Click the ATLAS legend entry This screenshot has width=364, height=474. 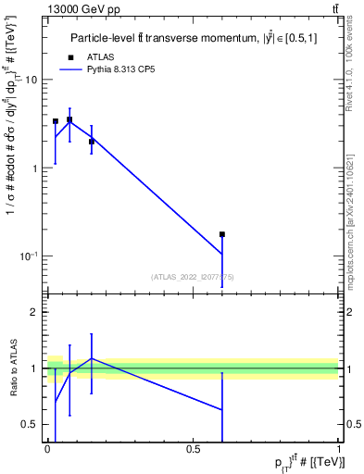click(x=100, y=56)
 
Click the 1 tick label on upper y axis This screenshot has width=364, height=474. click(x=35, y=168)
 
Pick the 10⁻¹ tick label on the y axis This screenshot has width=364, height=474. click(x=29, y=256)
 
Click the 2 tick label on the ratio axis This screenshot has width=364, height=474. click(x=35, y=312)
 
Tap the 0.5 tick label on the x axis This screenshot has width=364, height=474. click(x=193, y=449)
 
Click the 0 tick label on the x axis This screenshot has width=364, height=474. click(x=47, y=449)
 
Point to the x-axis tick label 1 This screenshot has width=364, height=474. click(x=339, y=449)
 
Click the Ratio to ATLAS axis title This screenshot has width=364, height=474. click(x=12, y=368)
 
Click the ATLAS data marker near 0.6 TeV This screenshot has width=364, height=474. click(x=222, y=234)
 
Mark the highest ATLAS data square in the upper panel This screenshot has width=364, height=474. click(x=69, y=119)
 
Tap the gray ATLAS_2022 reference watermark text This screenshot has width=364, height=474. click(x=193, y=276)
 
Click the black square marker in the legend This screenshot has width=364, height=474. click(x=69, y=56)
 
